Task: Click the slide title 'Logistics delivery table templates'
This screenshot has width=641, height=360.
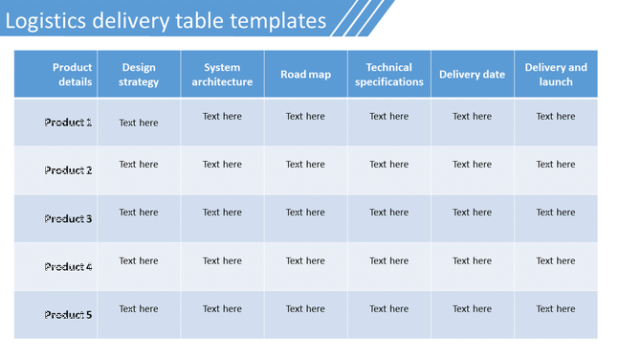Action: pos(165,19)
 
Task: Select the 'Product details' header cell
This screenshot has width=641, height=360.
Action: pos(72,75)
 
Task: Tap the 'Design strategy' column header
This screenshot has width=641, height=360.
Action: pos(139,75)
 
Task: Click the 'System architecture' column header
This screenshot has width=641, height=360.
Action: pos(222,75)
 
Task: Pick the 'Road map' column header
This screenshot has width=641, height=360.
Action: pos(305,75)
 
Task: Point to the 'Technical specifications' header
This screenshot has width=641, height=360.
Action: pos(388,75)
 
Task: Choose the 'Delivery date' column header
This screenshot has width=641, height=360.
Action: pos(472,75)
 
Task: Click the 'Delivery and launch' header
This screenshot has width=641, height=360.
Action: pos(556,75)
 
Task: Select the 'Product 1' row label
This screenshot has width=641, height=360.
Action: pos(68,123)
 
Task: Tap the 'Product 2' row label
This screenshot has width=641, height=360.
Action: pos(68,170)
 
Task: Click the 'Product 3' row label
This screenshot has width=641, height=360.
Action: pos(68,219)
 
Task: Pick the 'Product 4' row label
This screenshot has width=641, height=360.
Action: pos(68,267)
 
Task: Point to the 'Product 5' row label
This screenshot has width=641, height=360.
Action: pos(68,315)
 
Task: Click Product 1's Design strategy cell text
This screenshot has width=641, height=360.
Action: pos(139,123)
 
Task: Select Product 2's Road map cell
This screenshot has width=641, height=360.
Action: pos(305,165)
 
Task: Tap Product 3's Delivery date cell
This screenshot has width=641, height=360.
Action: pos(472,213)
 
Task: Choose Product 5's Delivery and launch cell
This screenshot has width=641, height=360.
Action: pos(556,309)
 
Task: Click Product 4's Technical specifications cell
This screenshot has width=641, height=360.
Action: pos(388,260)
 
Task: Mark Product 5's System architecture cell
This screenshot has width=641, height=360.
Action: pos(222,309)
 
